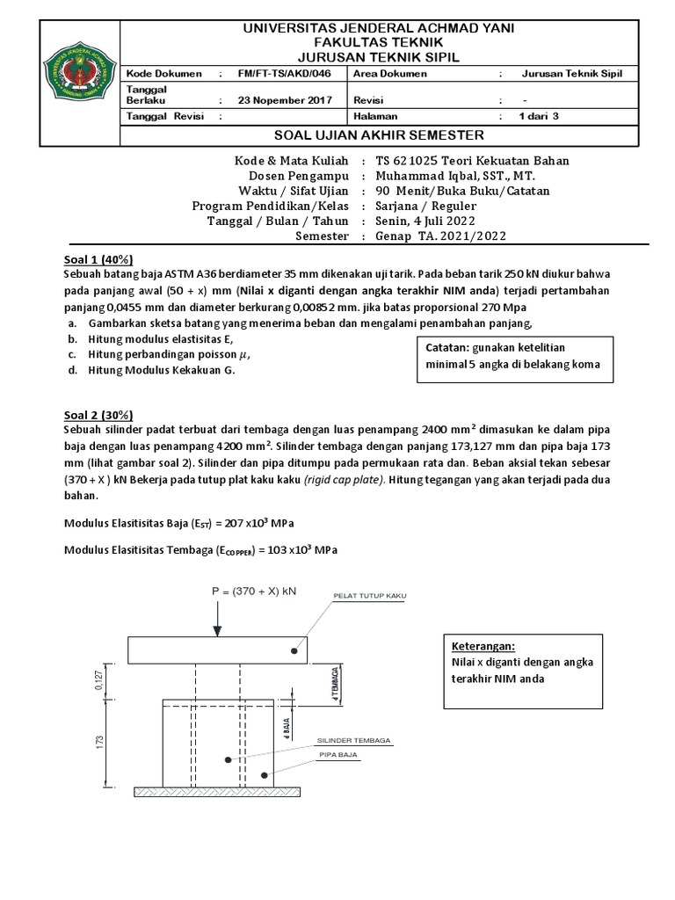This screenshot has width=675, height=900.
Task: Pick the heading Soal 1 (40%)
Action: pos(98,259)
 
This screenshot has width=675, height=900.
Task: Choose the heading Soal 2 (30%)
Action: pos(98,415)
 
